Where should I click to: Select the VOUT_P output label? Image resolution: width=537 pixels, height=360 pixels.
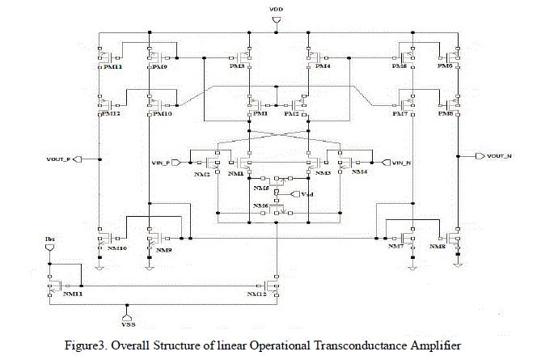pos(59,159)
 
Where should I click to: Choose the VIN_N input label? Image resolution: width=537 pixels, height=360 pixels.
pos(402,163)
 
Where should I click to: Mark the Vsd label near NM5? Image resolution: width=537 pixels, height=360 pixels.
pos(307,195)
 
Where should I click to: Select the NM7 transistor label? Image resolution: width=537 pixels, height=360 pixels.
pos(395,247)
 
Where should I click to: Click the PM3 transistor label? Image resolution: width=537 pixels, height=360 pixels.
pos(237,67)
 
